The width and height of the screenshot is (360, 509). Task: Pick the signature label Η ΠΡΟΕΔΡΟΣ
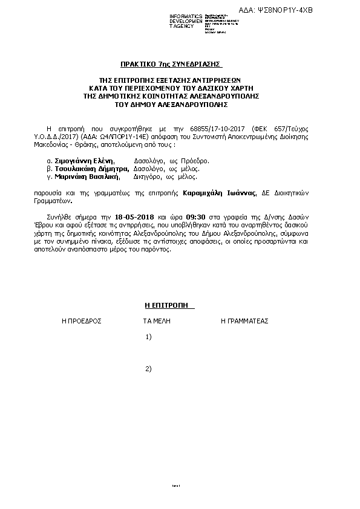81,321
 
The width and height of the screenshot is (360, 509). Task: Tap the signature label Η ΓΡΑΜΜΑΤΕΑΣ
244,321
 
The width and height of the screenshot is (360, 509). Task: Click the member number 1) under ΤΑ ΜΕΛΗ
149,337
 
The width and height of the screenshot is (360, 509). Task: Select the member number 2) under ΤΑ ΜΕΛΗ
149,369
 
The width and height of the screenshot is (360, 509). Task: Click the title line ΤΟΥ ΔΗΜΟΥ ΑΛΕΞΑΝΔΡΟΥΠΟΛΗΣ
171,104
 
